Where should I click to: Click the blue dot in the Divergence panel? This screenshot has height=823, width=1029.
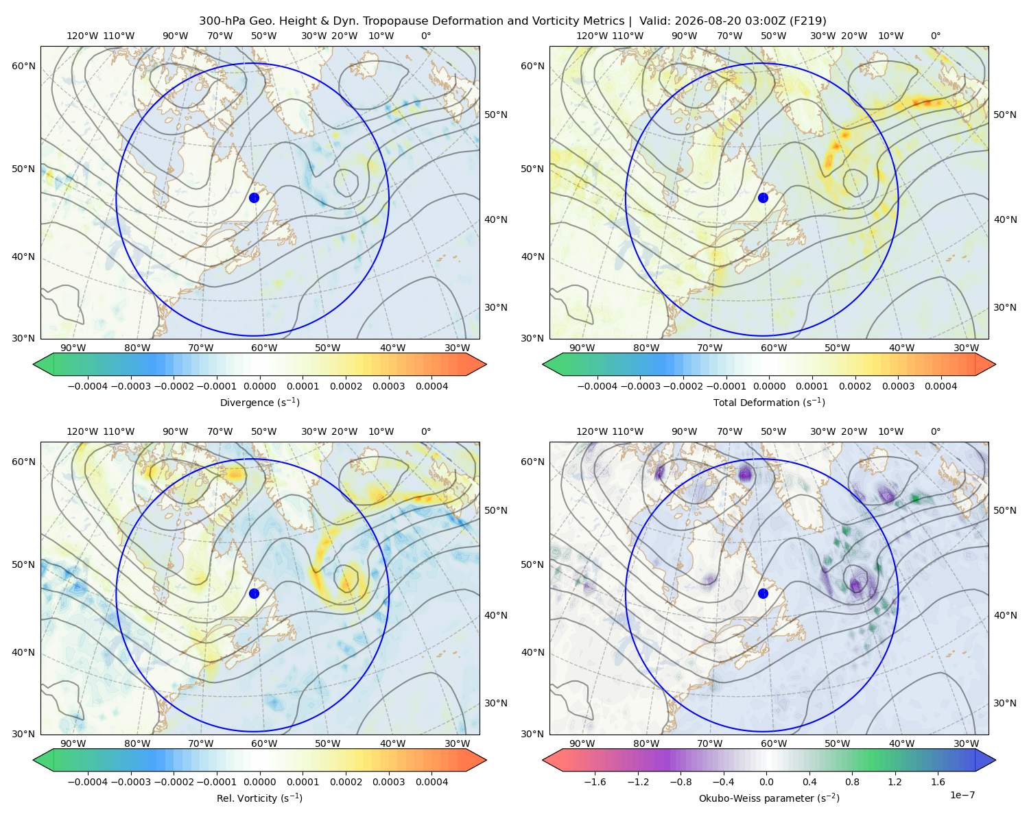[254, 198]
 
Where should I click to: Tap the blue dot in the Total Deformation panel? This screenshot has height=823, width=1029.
[763, 198]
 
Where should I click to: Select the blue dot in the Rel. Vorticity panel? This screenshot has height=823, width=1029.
[254, 593]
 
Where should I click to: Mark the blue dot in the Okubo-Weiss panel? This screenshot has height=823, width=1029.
[763, 593]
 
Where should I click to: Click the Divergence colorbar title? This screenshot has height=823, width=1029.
[259, 403]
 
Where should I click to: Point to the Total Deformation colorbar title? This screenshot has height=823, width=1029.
[769, 403]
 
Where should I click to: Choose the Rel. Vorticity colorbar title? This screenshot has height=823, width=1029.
[259, 798]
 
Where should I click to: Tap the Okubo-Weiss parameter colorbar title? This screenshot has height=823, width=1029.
[769, 798]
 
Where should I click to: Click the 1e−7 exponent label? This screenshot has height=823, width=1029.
[962, 796]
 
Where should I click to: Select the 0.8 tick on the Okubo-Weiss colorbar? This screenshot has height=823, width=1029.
[852, 782]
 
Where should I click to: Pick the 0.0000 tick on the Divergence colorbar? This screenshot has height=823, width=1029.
[259, 386]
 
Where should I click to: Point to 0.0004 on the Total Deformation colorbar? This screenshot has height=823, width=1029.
[941, 386]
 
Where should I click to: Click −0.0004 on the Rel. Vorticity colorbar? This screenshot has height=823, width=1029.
[88, 782]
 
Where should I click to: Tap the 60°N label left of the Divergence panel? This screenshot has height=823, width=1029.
[23, 66]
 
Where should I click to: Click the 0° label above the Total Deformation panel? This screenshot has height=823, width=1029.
[935, 36]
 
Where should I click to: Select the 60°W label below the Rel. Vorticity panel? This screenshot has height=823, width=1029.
[264, 743]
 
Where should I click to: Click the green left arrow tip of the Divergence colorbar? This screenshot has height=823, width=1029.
[34, 364]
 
